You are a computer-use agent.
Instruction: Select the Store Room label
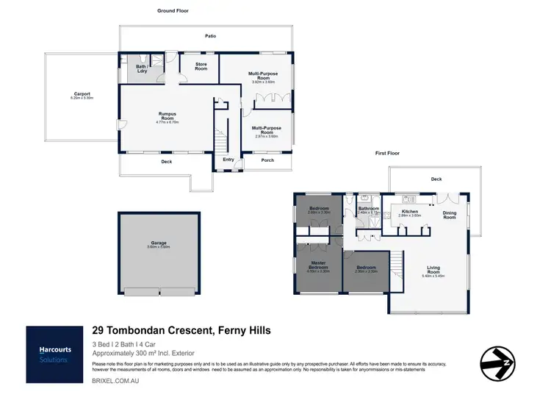pos(201,66)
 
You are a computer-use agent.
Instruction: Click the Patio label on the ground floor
pos(209,35)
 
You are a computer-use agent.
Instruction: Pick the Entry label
pos(228,159)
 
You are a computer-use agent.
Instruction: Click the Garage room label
pos(159,243)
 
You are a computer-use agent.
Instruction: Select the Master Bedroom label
pos(317,265)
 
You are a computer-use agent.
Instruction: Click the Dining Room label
pos(449,215)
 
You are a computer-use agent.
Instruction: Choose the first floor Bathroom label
pos(368,209)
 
